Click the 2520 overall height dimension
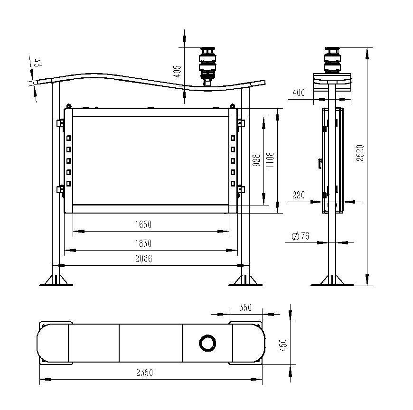[360, 153]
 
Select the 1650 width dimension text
[143, 224]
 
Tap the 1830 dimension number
[143, 243]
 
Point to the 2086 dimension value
[143, 259]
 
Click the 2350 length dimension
[145, 373]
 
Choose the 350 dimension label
[245, 307]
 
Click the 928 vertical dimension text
[256, 160]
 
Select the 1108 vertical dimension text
[270, 160]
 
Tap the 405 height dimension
[178, 71]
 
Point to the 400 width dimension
[299, 93]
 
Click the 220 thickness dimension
[299, 195]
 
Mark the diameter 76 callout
[300, 236]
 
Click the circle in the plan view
[207, 343]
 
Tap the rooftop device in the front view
[208, 66]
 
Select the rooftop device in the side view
[332, 60]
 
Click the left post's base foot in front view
[56, 280]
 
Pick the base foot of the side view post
[332, 280]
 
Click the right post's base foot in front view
[245, 280]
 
